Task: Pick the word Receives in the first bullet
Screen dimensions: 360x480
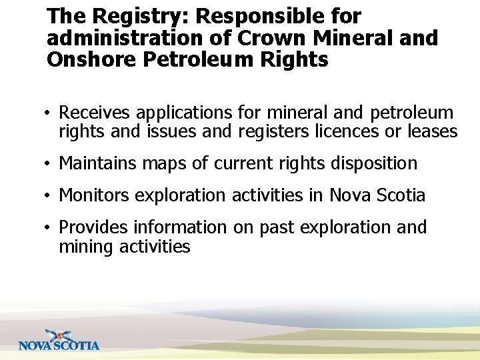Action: (95, 113)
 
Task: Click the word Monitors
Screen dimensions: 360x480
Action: (95, 195)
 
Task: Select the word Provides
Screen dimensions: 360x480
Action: (93, 227)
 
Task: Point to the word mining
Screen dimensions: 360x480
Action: (87, 247)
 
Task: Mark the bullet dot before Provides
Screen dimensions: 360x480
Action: (50, 228)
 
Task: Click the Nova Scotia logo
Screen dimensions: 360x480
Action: (59, 340)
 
